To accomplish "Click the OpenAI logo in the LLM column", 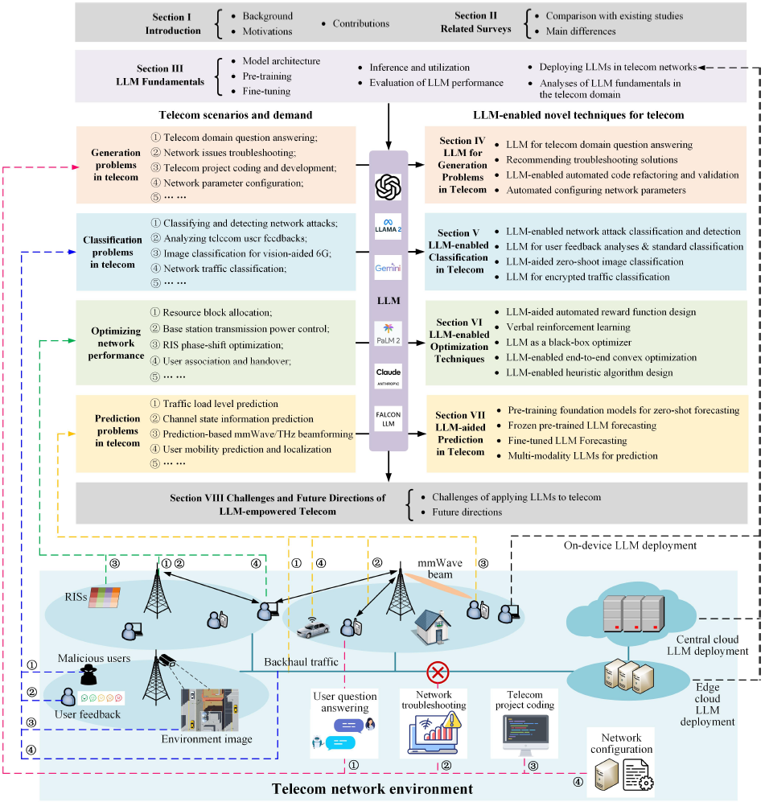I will (x=388, y=188).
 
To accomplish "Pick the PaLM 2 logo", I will (x=388, y=330).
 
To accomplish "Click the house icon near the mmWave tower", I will (x=430, y=624).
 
